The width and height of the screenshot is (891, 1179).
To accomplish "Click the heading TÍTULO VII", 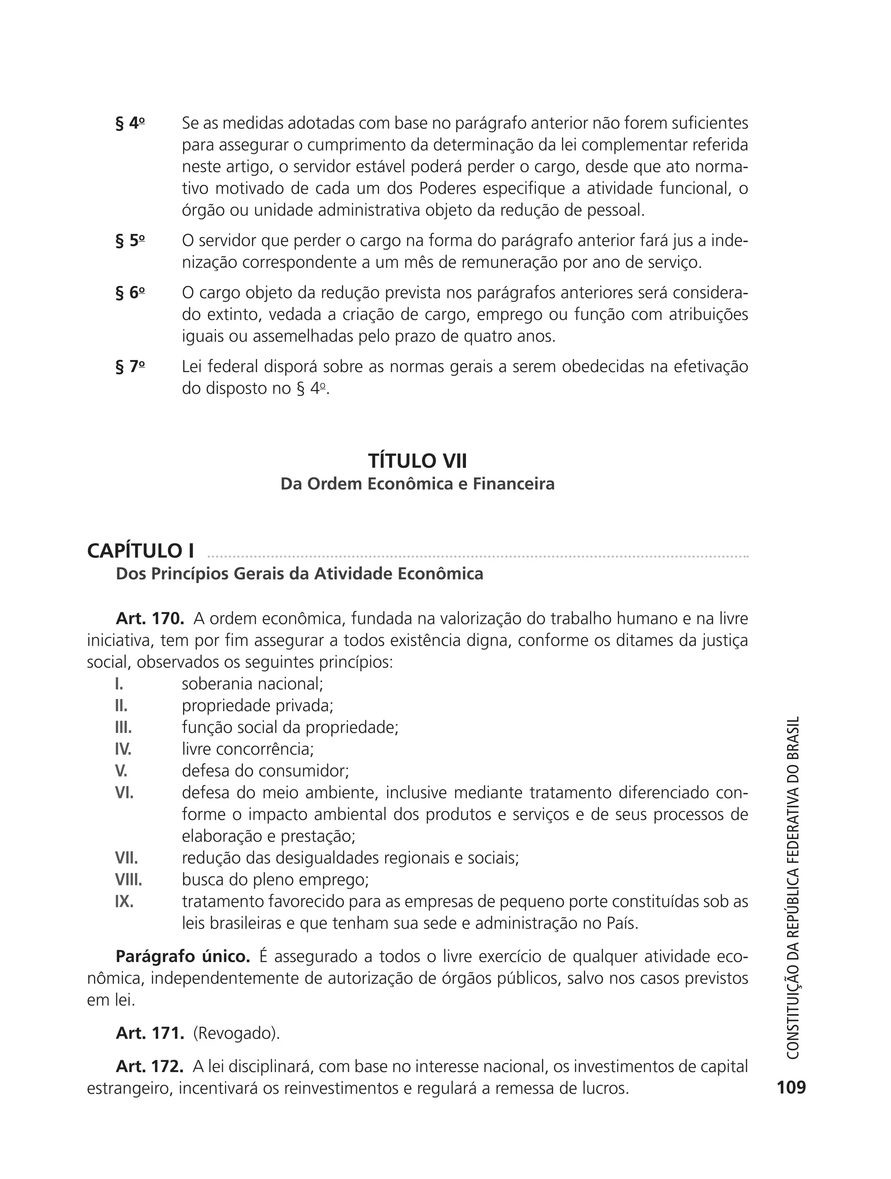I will (417, 460).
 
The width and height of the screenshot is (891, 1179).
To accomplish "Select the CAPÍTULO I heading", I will (141, 551).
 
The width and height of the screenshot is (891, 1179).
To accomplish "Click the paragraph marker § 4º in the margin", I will (130, 124).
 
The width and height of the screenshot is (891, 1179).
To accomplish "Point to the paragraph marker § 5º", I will (130, 241).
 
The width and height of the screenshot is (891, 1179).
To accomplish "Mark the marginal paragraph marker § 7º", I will (130, 367).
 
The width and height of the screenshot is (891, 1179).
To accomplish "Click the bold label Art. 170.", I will (150, 619).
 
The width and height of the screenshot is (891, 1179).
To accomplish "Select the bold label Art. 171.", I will (150, 1033).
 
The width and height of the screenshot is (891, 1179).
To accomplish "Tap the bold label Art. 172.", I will (150, 1066).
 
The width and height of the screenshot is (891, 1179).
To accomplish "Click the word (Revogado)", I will (236, 1033).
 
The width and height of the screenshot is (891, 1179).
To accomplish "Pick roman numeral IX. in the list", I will (124, 901).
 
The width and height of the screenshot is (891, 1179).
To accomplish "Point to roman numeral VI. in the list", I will (124, 793).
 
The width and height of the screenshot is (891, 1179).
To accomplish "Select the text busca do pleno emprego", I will (275, 880).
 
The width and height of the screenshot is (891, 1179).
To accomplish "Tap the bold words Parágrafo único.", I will (182, 956).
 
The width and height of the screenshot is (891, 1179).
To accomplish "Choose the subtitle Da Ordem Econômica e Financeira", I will (417, 484).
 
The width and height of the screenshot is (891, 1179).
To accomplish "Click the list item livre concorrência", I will (248, 749).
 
